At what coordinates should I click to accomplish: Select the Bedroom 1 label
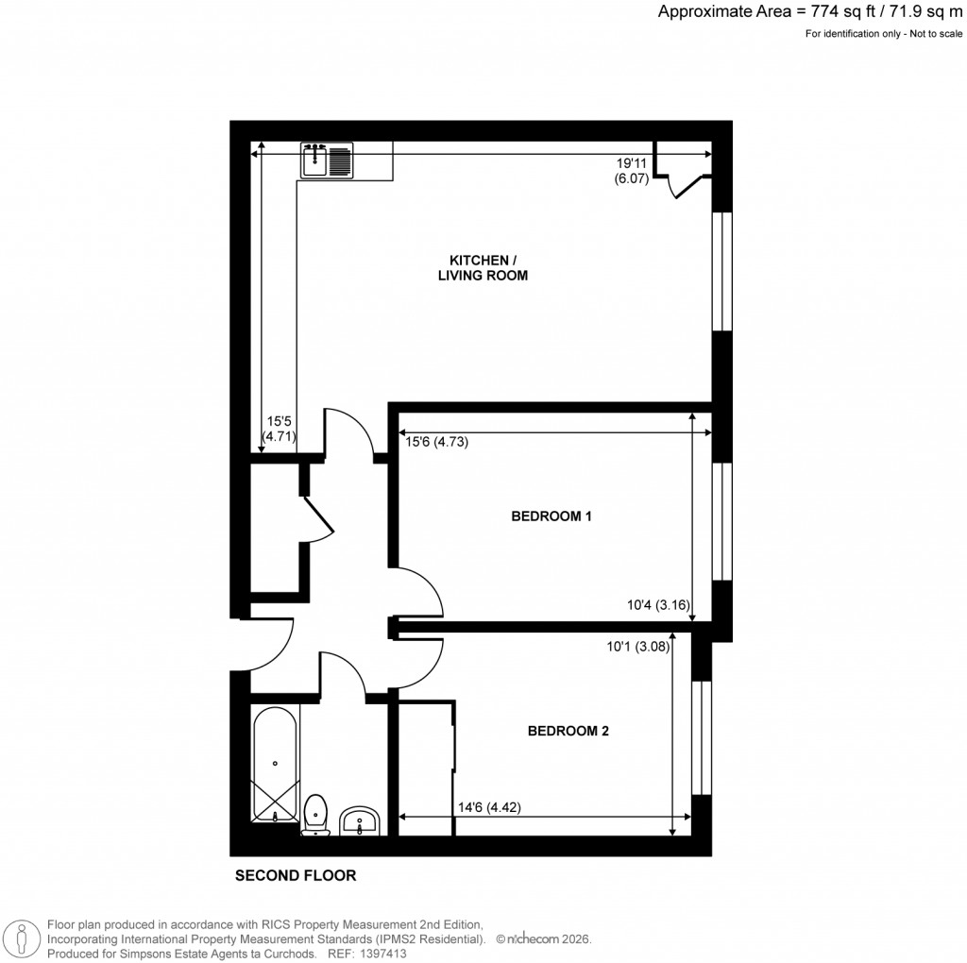click(551, 516)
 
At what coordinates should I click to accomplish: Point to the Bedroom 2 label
click(568, 731)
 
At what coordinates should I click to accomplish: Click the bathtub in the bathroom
click(275, 766)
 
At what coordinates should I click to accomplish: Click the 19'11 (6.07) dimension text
click(631, 170)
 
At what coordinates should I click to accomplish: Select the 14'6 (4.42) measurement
click(489, 807)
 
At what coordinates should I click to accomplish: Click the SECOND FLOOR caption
click(296, 875)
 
